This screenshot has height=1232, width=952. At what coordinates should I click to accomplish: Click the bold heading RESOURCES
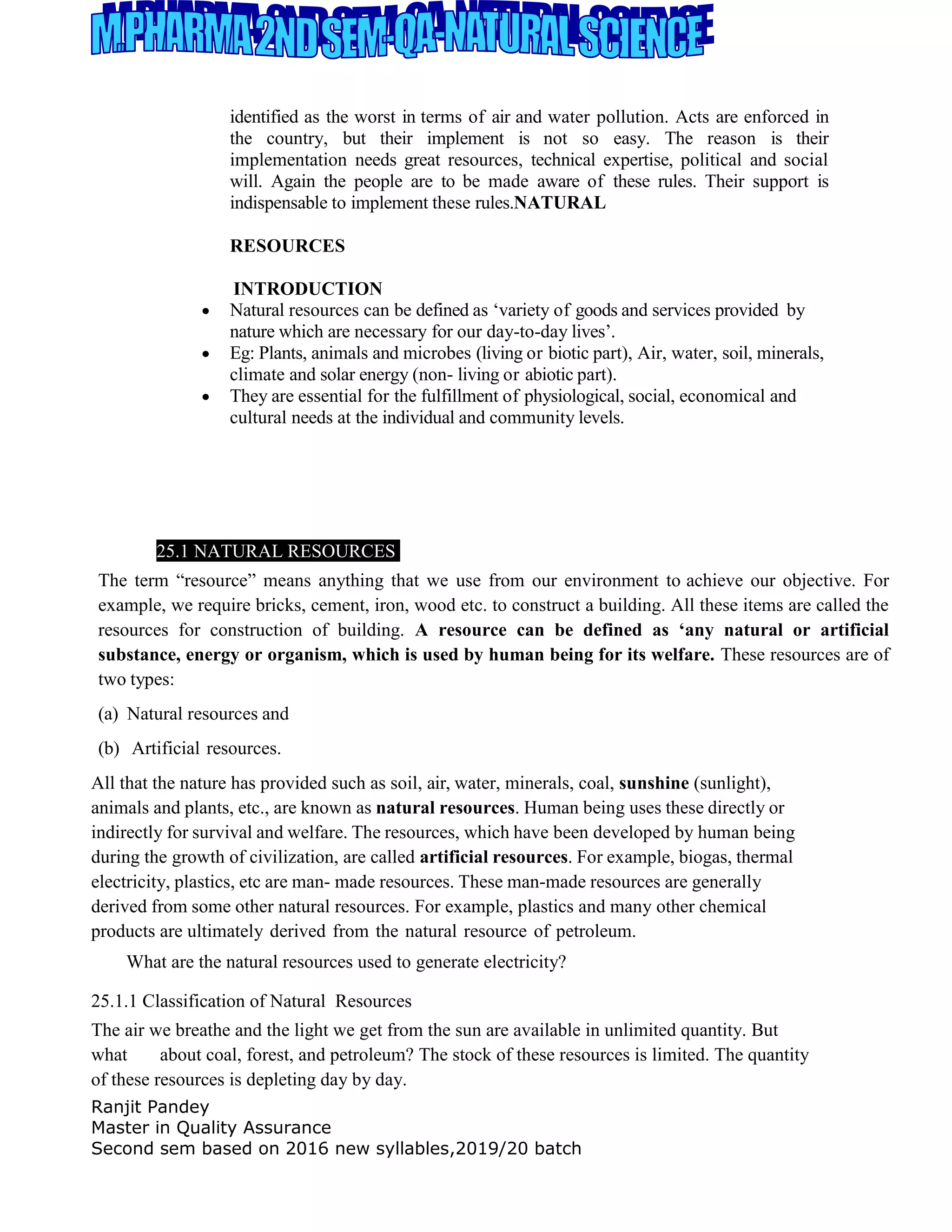[287, 246]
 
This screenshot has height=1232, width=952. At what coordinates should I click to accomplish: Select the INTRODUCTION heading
[307, 289]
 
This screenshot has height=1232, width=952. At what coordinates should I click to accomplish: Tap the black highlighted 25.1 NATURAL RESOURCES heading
[277, 550]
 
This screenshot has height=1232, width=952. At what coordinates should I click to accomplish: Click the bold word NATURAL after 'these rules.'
[560, 203]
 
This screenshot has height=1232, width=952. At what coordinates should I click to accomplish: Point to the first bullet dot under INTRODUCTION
[206, 311]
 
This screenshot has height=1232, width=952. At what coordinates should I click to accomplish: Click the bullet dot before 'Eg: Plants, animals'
[206, 354]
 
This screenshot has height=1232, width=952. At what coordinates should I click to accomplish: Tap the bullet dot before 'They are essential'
[206, 397]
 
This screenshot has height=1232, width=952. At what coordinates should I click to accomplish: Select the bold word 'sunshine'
[654, 783]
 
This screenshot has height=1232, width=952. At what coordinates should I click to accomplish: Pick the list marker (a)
[108, 714]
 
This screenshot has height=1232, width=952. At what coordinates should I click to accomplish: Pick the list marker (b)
[108, 748]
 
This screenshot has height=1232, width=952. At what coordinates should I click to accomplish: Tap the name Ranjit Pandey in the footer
[150, 1107]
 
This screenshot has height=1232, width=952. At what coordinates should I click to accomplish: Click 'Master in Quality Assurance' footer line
[211, 1128]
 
